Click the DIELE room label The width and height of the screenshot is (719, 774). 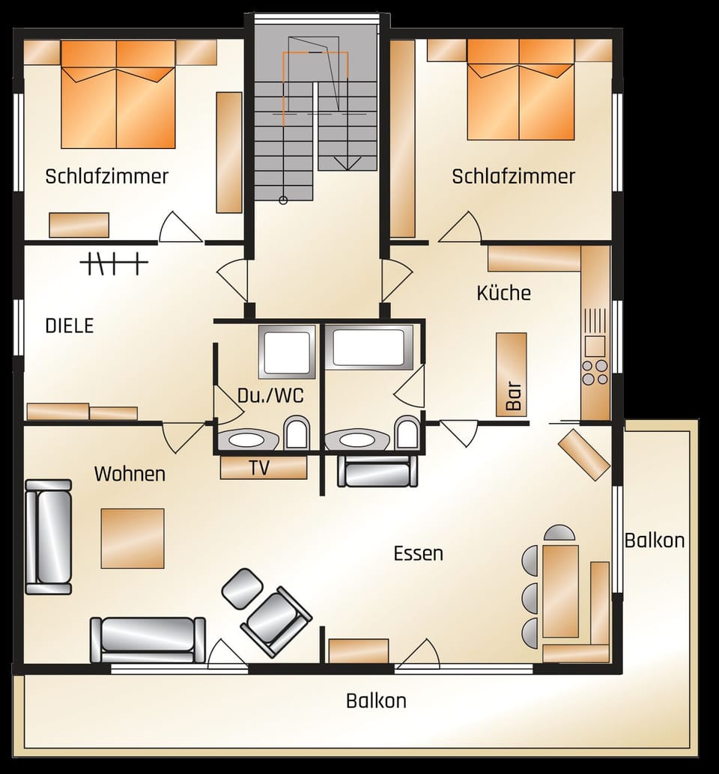[x=70, y=326]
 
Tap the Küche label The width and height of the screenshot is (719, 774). [x=503, y=293]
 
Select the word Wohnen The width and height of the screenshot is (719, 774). [x=130, y=474]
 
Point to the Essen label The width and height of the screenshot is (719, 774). [x=418, y=553]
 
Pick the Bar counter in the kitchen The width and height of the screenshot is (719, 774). [x=512, y=374]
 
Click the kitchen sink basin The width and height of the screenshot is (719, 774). [x=595, y=346]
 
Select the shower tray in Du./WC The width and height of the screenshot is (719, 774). [x=287, y=351]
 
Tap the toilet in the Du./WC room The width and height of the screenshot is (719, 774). [x=297, y=433]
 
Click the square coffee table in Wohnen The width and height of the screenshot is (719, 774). [x=133, y=537]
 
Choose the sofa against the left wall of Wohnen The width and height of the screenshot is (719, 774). [x=48, y=537]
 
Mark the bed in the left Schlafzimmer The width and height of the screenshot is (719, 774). [x=118, y=94]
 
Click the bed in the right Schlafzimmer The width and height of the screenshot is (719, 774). [x=520, y=90]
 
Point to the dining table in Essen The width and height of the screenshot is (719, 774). [x=560, y=591]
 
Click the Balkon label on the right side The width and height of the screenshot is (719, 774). [x=654, y=540]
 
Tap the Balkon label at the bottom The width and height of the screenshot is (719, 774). [x=376, y=701]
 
